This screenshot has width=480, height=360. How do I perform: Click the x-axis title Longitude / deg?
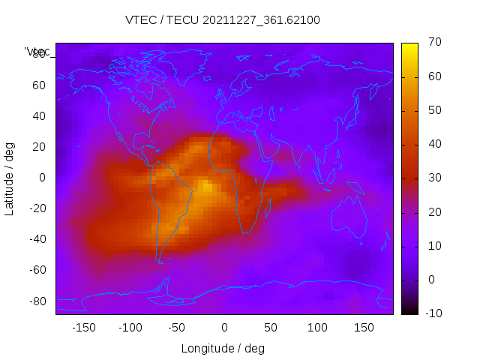(x=223, y=348)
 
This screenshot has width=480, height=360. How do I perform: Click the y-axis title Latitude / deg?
(x=10, y=178)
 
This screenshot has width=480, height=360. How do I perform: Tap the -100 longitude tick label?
(x=130, y=328)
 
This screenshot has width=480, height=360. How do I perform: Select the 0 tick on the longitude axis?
(x=224, y=328)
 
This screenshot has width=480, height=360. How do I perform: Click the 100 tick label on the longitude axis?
(x=317, y=328)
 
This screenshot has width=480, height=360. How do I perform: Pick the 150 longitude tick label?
(x=364, y=328)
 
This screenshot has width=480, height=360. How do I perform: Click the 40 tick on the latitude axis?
(x=39, y=116)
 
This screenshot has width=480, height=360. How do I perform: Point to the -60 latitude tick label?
(x=37, y=270)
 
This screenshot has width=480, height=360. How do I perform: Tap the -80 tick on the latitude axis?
(x=37, y=301)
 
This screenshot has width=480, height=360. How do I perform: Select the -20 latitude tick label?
(x=37, y=208)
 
